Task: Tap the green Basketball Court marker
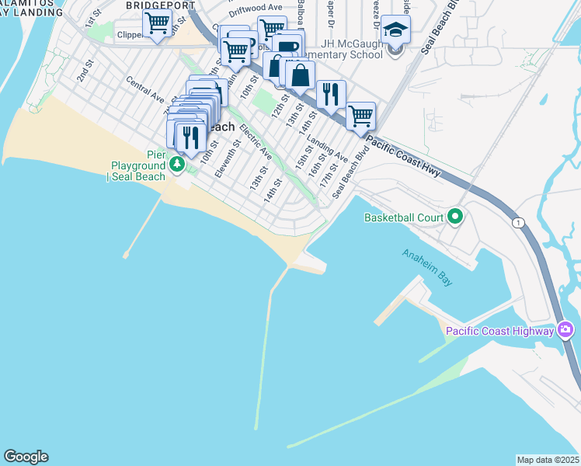[454, 217]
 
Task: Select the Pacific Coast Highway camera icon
[565, 332]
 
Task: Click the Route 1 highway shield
[518, 223]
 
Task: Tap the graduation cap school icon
[395, 31]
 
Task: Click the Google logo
[26, 457]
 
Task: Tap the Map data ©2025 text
[547, 460]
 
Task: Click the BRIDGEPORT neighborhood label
[155, 5]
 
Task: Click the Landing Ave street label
[326, 144]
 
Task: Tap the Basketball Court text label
[403, 217]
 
